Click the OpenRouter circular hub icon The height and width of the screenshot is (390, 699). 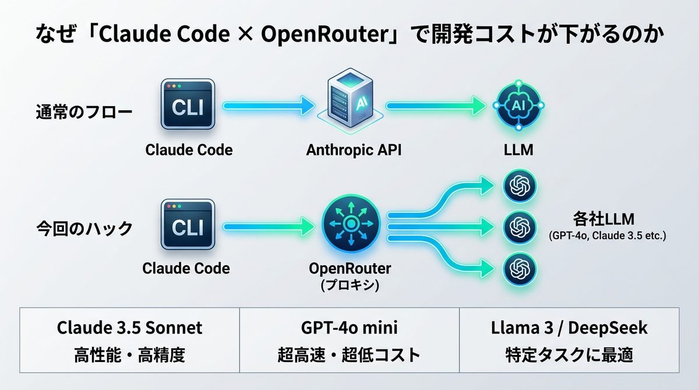(351, 224)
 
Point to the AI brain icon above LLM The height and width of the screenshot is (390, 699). (518, 105)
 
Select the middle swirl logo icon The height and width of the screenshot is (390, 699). (518, 225)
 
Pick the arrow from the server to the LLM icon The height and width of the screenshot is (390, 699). (437, 106)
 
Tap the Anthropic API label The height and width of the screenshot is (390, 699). (354, 150)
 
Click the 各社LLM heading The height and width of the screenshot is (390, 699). (603, 220)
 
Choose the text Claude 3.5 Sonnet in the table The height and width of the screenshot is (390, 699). (129, 328)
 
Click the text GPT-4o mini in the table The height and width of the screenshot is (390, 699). (349, 328)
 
